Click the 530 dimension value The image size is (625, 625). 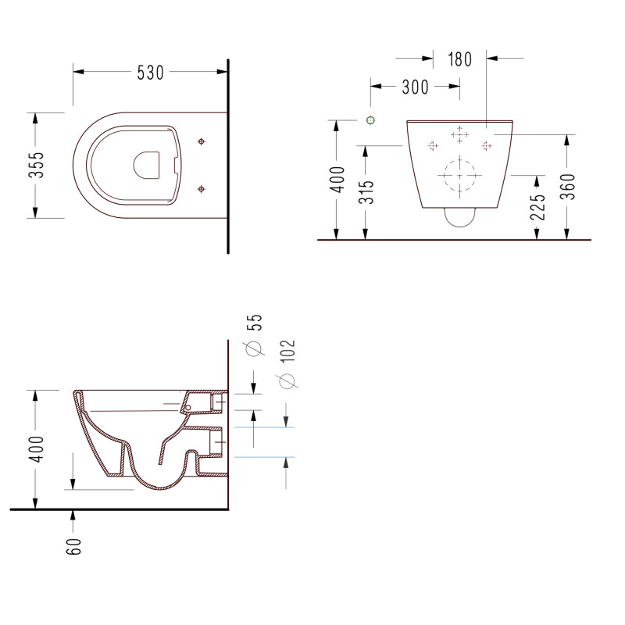pos(150,73)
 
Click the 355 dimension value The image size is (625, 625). pos(37,165)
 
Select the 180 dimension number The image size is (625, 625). pos(459,59)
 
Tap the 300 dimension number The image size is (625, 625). pos(415,87)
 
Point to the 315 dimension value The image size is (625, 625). pos(366,192)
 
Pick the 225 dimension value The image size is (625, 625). pos(537,207)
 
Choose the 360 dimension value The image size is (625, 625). pos(568,187)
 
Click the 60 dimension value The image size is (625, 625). pos(73,546)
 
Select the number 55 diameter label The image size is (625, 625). pos(255,323)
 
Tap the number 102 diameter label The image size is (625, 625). pos(287,351)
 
